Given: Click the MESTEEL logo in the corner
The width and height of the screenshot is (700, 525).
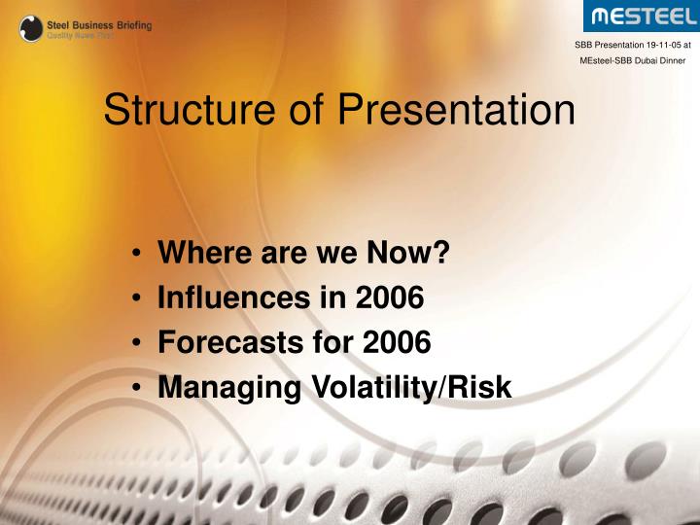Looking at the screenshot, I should pyautogui.click(x=641, y=17).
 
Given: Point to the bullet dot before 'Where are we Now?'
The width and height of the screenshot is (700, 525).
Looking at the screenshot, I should pyautogui.click(x=138, y=255).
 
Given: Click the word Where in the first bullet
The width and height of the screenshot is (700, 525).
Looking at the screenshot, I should pyautogui.click(x=199, y=254).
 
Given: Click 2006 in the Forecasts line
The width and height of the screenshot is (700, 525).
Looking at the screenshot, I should pyautogui.click(x=395, y=343).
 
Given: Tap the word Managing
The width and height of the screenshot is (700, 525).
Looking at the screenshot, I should pyautogui.click(x=229, y=388).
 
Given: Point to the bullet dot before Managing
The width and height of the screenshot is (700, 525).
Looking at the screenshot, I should pyautogui.click(x=138, y=389).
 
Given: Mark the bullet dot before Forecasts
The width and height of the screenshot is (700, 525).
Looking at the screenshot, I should pyautogui.click(x=138, y=344).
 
